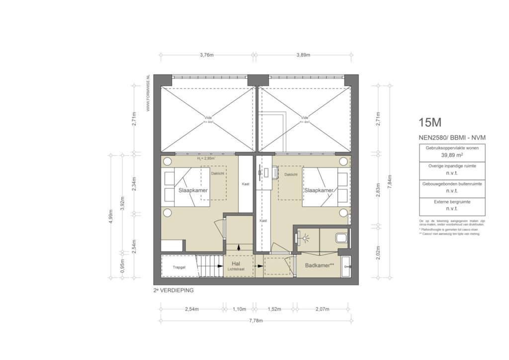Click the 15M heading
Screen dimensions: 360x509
pyautogui.click(x=430, y=122)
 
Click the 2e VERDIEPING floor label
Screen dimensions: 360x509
pyautogui.click(x=173, y=289)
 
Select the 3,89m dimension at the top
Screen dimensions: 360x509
pyautogui.click(x=303, y=55)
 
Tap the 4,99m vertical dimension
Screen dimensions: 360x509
pyautogui.click(x=111, y=216)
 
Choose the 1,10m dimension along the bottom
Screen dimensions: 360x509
pyautogui.click(x=239, y=309)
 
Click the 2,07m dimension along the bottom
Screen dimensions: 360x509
pyautogui.click(x=322, y=309)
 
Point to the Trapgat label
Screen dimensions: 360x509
pyautogui.click(x=179, y=267)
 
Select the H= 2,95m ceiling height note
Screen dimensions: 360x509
pyautogui.click(x=206, y=159)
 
